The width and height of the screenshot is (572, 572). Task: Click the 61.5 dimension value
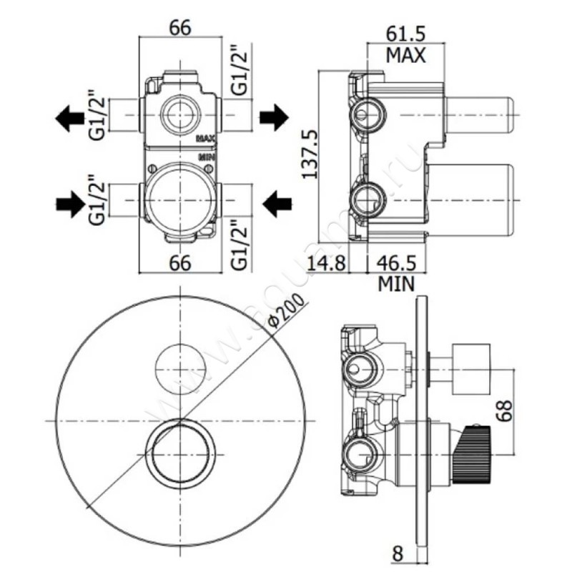point(406,32)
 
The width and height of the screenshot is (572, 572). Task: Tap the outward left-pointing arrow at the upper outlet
point(70,117)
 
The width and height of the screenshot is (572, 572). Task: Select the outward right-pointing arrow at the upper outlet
point(272,117)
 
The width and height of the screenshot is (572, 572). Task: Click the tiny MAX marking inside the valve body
point(206,138)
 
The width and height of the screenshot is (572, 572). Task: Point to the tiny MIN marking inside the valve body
point(207,155)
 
